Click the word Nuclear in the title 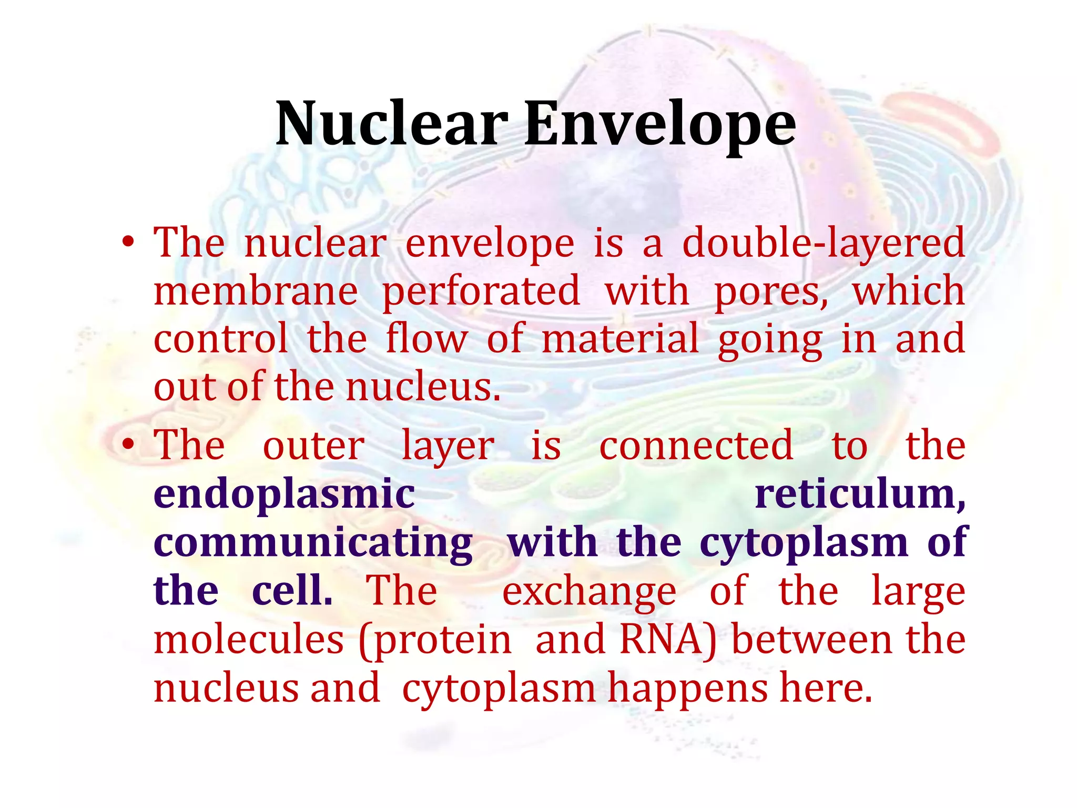tap(391, 124)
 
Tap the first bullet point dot tap(128, 243)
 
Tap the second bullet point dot tap(128, 445)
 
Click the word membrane tap(256, 291)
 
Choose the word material tap(620, 339)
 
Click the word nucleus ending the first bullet tap(423, 387)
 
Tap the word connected tap(696, 446)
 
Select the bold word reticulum tap(859, 494)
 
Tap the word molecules tap(249, 640)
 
